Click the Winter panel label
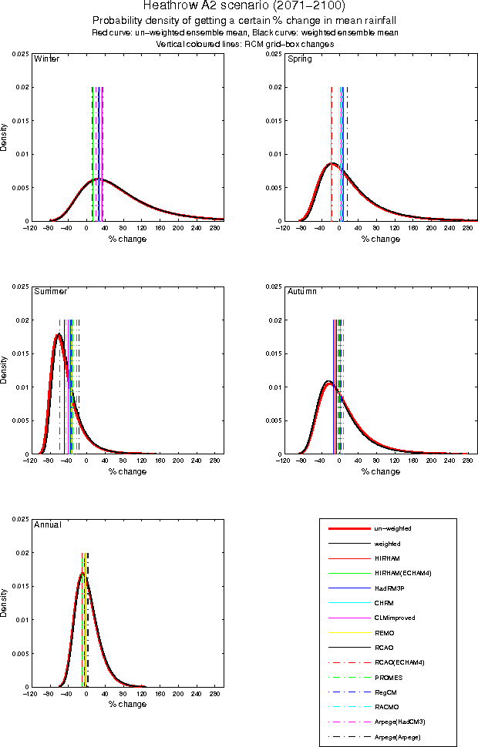pyautogui.click(x=46, y=59)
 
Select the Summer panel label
pyautogui.click(x=50, y=292)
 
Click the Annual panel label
pyautogui.click(x=47, y=524)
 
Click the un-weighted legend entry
pyautogui.click(x=392, y=529)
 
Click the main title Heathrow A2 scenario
pyautogui.click(x=239, y=6)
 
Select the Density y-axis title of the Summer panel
pyautogui.click(x=5, y=370)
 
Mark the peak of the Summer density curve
pyautogui.click(x=58, y=333)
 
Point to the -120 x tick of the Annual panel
pyautogui.click(x=29, y=693)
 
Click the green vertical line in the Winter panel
pyautogui.click(x=93, y=154)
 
